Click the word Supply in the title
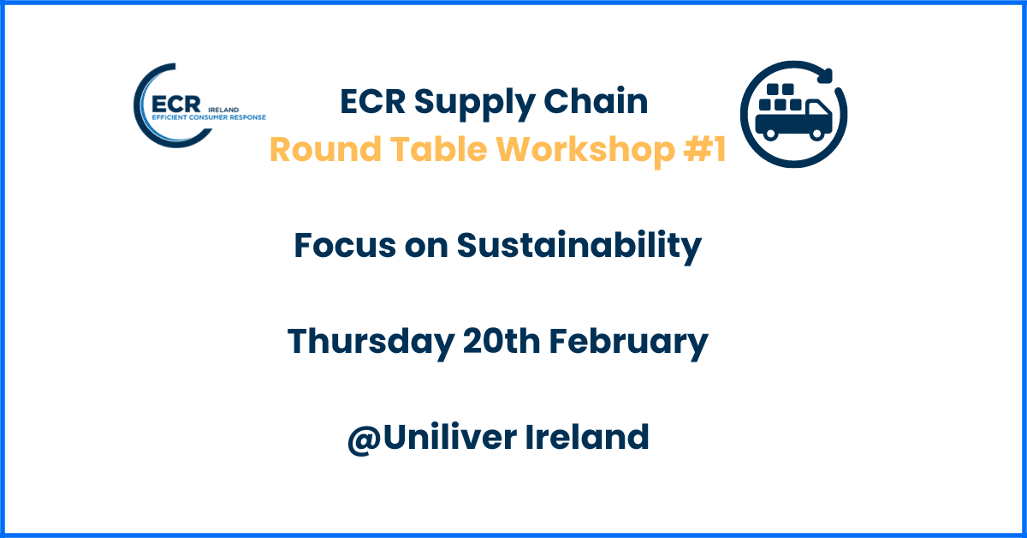point(474,103)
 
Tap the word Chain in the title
point(596,100)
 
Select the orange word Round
point(325,149)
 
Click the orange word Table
point(438,149)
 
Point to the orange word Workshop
point(585,151)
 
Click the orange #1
point(704,149)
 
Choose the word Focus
point(345,245)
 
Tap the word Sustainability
point(579,247)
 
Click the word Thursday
point(371,343)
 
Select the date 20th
point(502,341)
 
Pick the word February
point(628,343)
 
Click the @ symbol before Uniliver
point(365,439)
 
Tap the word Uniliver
point(449,437)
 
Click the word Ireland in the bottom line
point(587,437)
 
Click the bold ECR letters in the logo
point(176,105)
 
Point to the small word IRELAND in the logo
point(223,110)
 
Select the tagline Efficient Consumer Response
point(209,117)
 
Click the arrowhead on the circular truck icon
point(825,75)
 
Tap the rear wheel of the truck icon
point(770,134)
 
